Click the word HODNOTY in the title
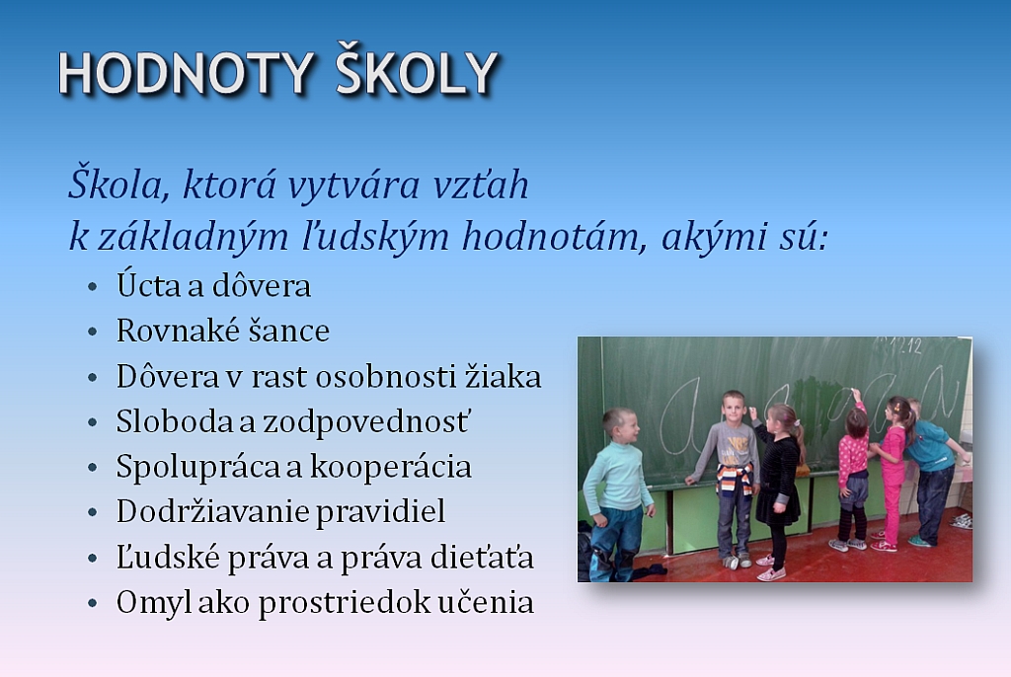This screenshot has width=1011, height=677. (x=187, y=73)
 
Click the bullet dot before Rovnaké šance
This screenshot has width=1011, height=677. (x=93, y=332)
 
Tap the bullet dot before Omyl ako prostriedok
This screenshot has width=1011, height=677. (x=93, y=604)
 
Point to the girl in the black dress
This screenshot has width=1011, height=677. (x=780, y=490)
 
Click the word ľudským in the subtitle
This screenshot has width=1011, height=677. (x=375, y=236)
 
